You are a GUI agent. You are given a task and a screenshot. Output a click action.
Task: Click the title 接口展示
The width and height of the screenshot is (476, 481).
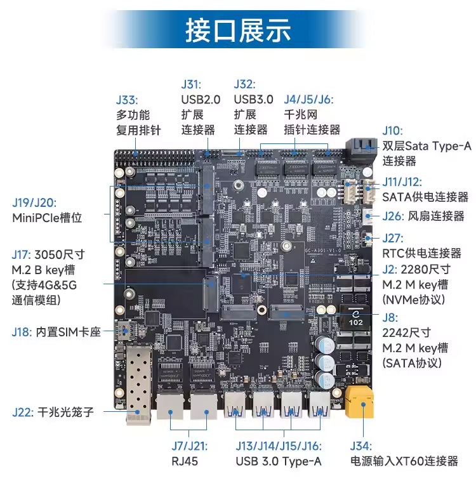tap(237, 30)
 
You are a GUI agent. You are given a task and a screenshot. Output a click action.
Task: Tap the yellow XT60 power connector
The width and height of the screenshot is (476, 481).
tap(359, 401)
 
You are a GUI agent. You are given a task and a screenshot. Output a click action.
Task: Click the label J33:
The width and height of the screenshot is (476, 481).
tap(127, 100)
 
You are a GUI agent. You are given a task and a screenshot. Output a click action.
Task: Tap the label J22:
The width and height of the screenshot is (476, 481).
tap(22, 412)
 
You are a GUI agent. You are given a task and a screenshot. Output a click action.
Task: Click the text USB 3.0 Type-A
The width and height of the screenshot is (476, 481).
tap(278, 461)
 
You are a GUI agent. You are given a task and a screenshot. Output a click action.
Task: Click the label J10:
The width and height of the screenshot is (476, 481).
tap(392, 131)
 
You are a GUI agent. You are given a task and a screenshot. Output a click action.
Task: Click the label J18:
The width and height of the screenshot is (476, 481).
tap(22, 331)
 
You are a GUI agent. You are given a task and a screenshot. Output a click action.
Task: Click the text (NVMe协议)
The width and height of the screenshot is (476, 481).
tap(413, 299)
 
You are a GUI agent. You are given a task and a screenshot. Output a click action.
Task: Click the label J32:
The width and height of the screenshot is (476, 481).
tap(244, 84)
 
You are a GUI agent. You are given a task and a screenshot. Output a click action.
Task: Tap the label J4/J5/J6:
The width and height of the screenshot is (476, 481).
tap(308, 100)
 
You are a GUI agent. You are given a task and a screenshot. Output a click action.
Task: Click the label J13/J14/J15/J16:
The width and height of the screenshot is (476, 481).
tap(278, 446)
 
